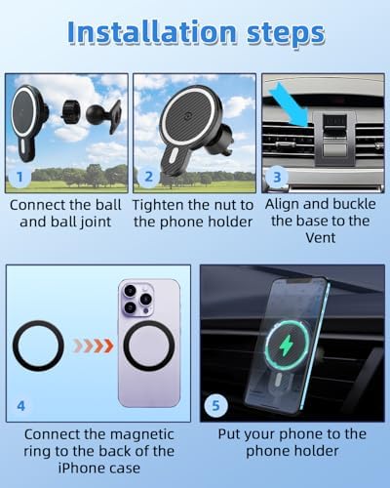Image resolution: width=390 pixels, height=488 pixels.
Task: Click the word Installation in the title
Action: point(152,32)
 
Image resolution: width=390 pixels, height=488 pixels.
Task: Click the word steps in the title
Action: point(286,34)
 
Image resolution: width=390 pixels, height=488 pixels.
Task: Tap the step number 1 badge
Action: point(19,178)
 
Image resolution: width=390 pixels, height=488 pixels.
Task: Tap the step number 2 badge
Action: point(148,177)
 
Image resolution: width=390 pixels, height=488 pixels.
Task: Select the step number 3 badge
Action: point(277,178)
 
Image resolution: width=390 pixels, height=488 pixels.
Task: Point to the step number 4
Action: point(20,406)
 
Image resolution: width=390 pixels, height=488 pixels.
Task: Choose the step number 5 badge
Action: point(215,406)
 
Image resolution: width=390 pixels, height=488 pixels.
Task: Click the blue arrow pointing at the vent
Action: point(290,104)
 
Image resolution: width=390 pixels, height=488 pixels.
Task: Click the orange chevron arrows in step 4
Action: point(94,346)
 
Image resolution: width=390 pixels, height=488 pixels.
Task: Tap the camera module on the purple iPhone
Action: point(137,300)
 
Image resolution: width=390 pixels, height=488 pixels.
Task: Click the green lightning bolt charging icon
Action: point(287,346)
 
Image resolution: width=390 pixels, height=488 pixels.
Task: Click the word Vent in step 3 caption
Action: point(320,238)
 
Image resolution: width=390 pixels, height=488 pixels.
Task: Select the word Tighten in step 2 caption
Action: point(159,206)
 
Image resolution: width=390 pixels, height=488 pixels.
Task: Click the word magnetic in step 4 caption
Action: point(140,434)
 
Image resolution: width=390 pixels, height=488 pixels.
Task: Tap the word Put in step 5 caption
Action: point(229,434)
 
